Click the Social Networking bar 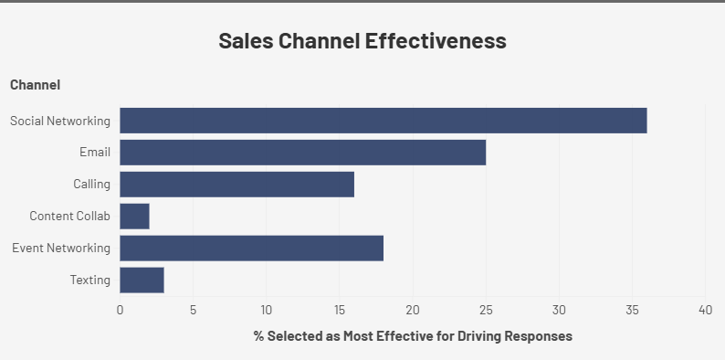click(x=383, y=121)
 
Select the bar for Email click(x=302, y=153)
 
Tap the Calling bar click(x=236, y=185)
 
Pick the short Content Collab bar click(x=134, y=217)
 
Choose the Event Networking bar click(x=251, y=249)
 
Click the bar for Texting click(x=142, y=280)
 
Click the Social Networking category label click(x=60, y=121)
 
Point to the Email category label click(x=95, y=153)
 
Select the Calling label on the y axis click(x=91, y=185)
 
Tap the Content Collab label click(x=69, y=217)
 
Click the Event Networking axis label click(x=61, y=249)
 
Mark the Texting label click(x=89, y=280)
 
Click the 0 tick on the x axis click(x=120, y=309)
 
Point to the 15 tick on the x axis click(x=339, y=309)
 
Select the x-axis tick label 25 click(x=486, y=309)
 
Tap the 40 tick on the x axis click(x=705, y=309)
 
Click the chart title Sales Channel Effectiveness click(x=362, y=41)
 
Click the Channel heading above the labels click(x=36, y=85)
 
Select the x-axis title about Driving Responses click(x=413, y=336)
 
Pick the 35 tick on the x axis click(x=632, y=309)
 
